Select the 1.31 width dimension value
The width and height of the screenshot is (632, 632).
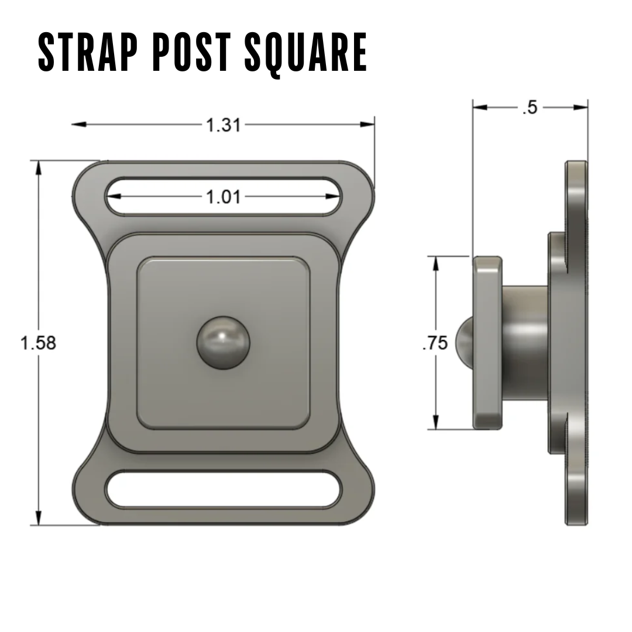pyautogui.click(x=223, y=125)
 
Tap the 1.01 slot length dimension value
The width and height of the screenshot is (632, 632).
pyautogui.click(x=223, y=197)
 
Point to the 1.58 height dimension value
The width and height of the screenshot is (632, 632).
pyautogui.click(x=39, y=343)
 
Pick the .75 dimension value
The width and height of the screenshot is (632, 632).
pyautogui.click(x=435, y=343)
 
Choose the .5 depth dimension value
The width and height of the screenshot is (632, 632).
pyautogui.click(x=530, y=107)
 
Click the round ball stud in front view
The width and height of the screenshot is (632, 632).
pyautogui.click(x=223, y=343)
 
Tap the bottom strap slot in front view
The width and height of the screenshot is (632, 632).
pyautogui.click(x=223, y=489)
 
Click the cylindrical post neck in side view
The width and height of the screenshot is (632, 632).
pyautogui.click(x=524, y=342)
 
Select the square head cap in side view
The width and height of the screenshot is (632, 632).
pyautogui.click(x=487, y=342)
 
